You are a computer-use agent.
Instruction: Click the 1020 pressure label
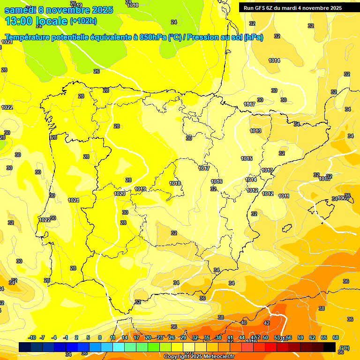click(120, 194)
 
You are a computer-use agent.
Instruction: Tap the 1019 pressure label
click(140, 189)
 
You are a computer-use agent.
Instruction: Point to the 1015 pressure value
click(247, 158)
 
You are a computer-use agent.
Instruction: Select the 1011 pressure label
click(284, 196)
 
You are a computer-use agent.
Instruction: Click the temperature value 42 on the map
click(267, 323)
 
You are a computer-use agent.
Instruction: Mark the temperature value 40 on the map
click(243, 322)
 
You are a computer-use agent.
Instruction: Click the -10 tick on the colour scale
click(32, 337)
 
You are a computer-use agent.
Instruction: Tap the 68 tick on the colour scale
click(336, 337)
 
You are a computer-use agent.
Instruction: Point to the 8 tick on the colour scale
click(100, 337)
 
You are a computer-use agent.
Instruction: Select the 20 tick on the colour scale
click(148, 337)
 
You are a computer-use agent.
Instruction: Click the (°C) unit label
click(345, 347)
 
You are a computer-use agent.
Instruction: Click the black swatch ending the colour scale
click(330, 347)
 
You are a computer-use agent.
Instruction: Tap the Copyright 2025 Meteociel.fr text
click(199, 356)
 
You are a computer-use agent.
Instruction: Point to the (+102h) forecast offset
click(83, 21)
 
